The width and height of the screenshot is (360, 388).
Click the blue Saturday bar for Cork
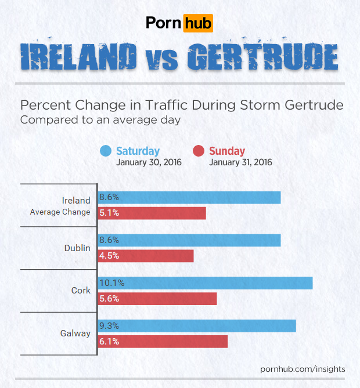pos(205,283)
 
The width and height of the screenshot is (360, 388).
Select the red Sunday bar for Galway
pos(163,342)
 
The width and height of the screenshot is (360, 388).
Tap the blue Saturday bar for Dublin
pos(189,240)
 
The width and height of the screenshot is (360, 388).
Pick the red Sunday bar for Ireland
pos(152,213)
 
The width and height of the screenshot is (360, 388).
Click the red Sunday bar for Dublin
pos(145,256)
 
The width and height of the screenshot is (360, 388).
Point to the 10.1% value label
pos(111,283)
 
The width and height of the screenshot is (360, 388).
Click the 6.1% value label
pos(109,342)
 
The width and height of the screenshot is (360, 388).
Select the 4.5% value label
pos(109,256)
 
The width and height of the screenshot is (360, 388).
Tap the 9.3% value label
pos(109,326)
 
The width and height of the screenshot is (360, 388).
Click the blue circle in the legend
pos(105,151)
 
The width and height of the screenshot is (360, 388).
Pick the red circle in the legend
pos(198,151)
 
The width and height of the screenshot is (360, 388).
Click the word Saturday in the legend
pos(138,151)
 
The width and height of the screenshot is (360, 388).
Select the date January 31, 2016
pos(240,162)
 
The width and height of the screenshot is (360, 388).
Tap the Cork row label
pos(81,290)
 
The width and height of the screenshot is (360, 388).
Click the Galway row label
pos(75,333)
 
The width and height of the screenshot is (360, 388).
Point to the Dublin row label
pos(77,248)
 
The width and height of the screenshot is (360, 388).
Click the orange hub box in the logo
pos(197,23)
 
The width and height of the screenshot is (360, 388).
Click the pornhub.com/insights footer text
pos(303,369)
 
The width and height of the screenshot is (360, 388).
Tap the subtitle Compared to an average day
pos(100,120)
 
